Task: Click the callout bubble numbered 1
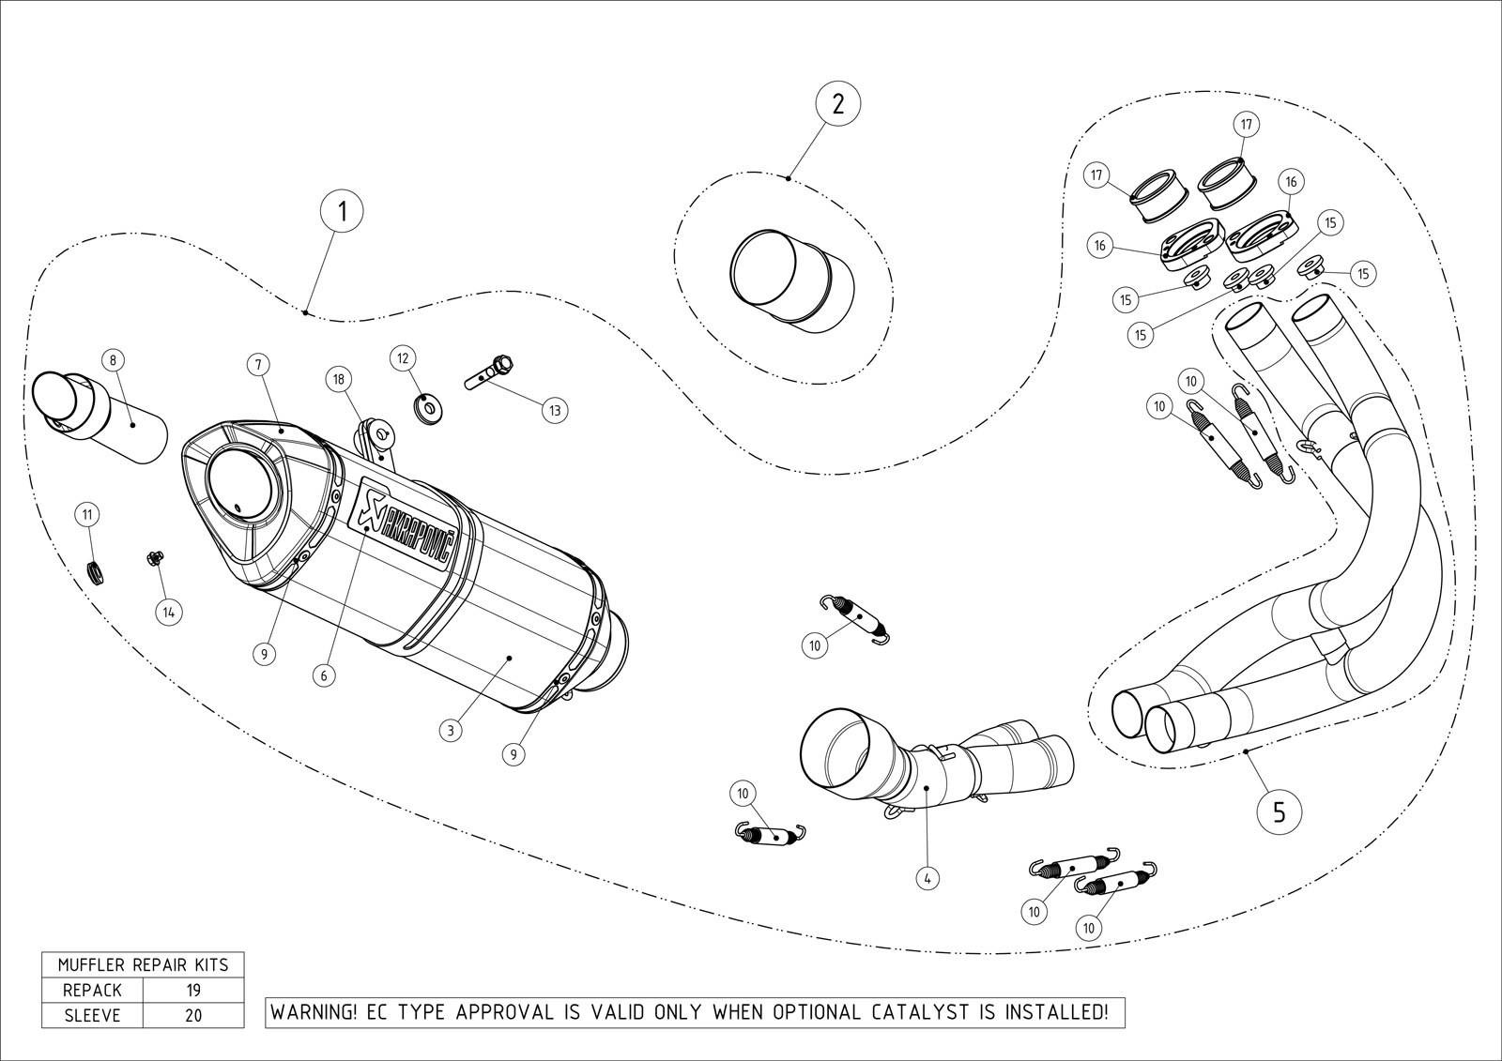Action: click(343, 210)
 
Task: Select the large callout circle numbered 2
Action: click(837, 102)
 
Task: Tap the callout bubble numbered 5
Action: click(1280, 811)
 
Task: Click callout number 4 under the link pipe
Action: click(927, 879)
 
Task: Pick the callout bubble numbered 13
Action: click(554, 410)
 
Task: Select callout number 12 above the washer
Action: click(403, 358)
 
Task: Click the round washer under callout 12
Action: click(429, 408)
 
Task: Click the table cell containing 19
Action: click(192, 990)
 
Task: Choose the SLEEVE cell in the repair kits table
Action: click(92, 1015)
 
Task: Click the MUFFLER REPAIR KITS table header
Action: click(143, 964)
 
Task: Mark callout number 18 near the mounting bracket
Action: click(338, 379)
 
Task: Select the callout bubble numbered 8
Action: click(113, 359)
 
